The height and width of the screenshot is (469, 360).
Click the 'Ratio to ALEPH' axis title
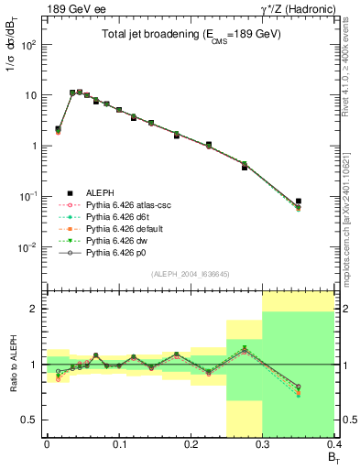point(13,364)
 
